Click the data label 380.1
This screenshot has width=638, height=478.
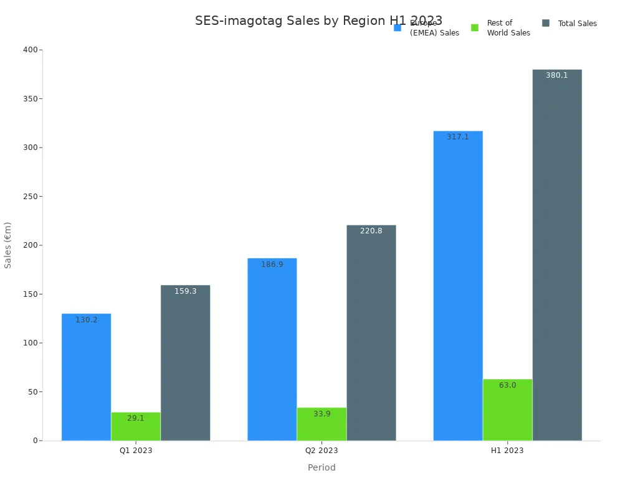coord(557,75)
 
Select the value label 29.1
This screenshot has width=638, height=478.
coord(136,418)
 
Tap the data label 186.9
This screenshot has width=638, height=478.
coord(272,265)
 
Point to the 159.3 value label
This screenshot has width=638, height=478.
coord(186,291)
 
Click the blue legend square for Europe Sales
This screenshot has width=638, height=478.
coord(398,28)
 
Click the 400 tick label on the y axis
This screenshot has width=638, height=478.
coord(30,50)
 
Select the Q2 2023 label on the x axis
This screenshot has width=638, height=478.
coord(321,451)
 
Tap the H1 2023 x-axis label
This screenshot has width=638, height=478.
coord(507,451)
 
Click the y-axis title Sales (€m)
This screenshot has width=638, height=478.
coord(8,245)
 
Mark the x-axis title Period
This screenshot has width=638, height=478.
coord(321,467)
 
